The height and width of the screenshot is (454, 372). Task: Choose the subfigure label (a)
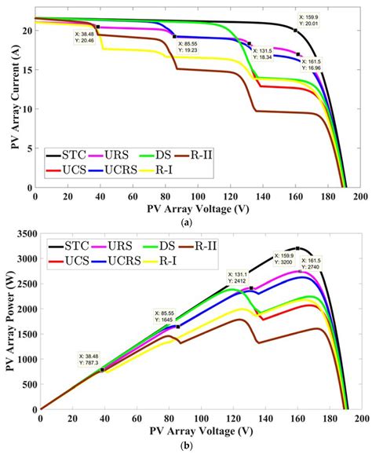(187, 223)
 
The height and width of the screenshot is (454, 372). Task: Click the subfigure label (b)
(187, 445)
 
